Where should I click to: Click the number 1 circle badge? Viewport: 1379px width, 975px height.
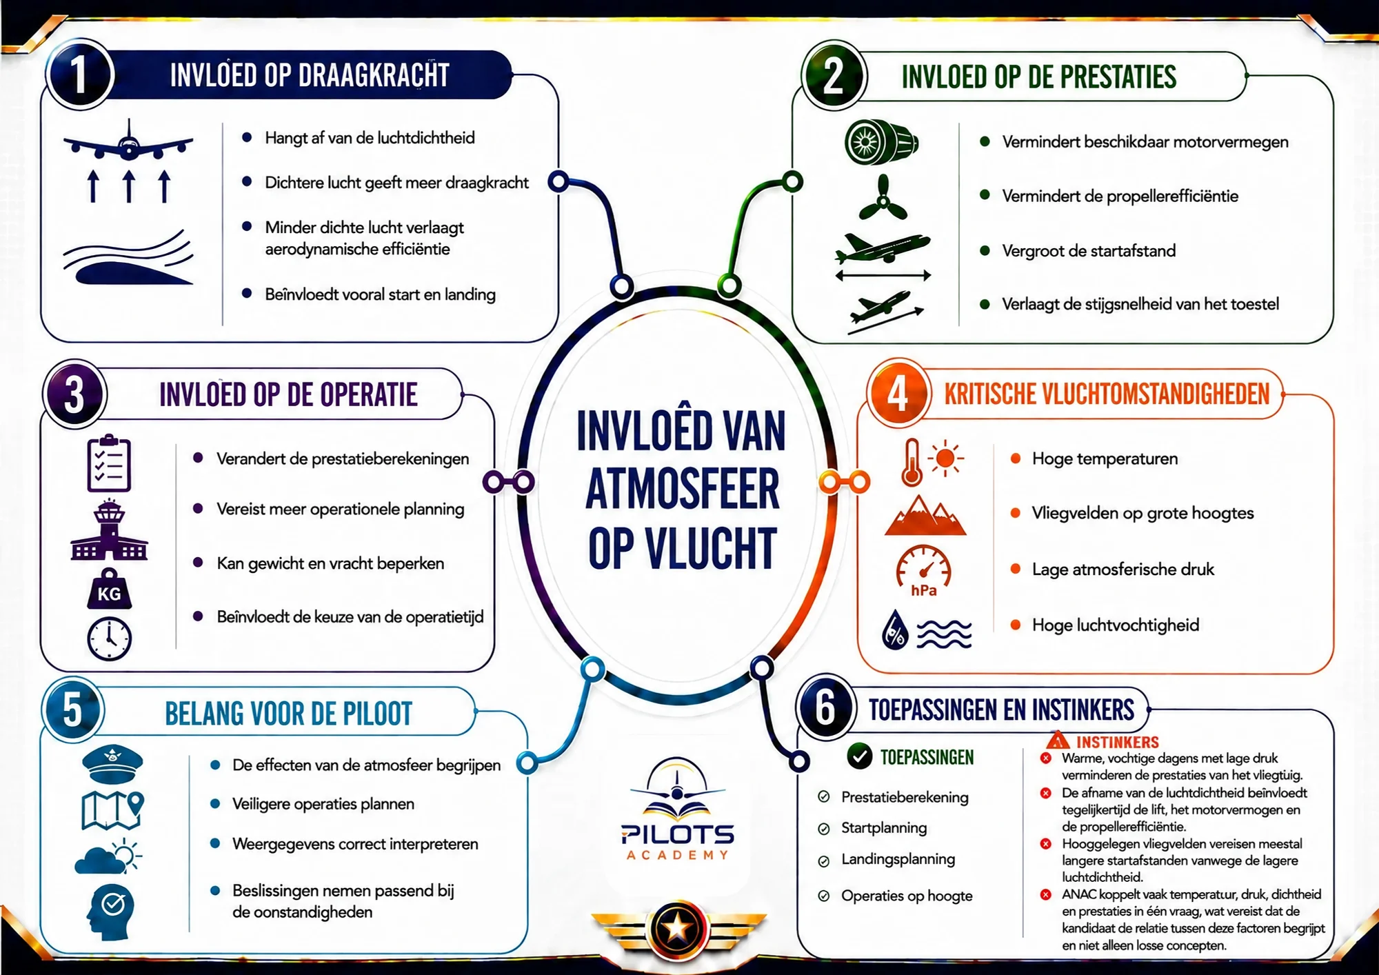click(x=79, y=74)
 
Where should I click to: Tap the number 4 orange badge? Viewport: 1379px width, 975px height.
click(x=897, y=394)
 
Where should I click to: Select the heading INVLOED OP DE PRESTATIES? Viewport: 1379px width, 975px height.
click(x=1038, y=77)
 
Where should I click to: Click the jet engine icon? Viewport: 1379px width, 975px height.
click(x=881, y=142)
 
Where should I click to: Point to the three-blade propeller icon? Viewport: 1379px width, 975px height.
click(x=882, y=198)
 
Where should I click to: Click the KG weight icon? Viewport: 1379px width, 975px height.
click(x=109, y=589)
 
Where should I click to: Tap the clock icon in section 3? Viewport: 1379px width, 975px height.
click(x=109, y=639)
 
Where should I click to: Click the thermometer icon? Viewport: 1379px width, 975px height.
click(x=912, y=462)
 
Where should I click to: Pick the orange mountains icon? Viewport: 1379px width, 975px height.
click(x=925, y=515)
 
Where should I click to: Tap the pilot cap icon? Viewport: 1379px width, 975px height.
click(x=112, y=764)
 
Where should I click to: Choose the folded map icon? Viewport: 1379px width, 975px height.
click(x=112, y=810)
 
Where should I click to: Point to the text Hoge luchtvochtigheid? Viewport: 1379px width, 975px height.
click(x=1116, y=625)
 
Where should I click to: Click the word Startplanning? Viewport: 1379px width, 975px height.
click(x=884, y=828)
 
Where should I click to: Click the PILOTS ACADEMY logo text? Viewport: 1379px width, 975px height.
click(x=678, y=842)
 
